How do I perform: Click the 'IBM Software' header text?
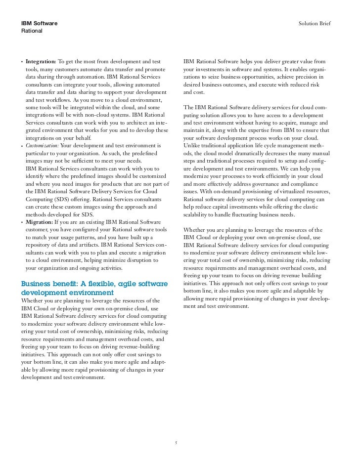coord(39,24)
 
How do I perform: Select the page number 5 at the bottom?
coord(176,442)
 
